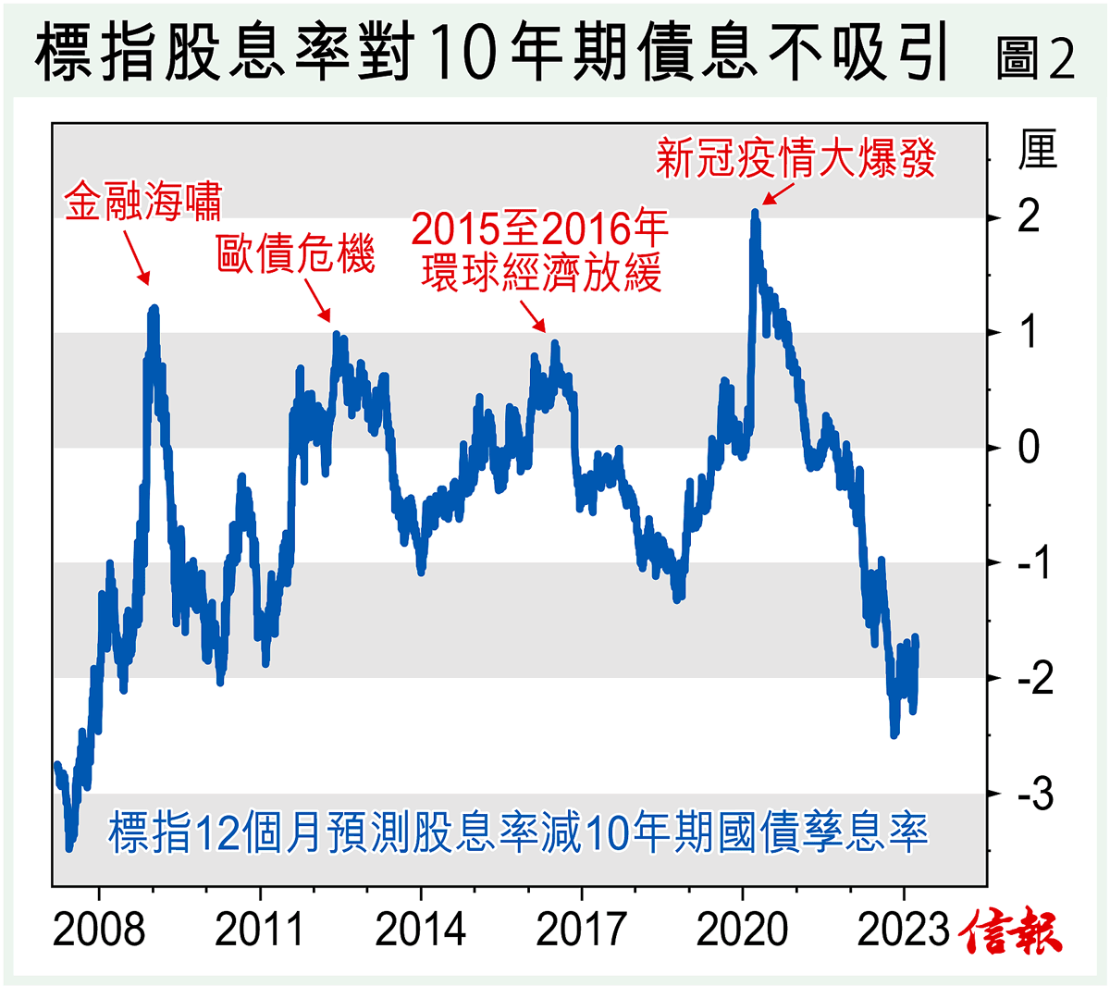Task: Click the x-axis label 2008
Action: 99,930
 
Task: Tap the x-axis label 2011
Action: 260,930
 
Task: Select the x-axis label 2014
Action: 421,930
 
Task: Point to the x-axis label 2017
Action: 582,930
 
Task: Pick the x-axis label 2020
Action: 743,930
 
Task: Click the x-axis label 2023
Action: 904,930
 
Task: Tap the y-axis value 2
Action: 1029,217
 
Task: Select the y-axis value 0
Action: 1029,448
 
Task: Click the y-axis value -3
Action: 1035,794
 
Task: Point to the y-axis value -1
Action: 1035,562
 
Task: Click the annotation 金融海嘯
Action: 143,203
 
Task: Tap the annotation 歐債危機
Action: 296,253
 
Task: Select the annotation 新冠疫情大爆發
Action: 795,158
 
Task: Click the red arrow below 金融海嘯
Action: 135,256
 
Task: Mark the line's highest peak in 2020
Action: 755,214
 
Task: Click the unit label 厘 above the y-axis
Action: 1037,151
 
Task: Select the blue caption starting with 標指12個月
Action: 518,832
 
